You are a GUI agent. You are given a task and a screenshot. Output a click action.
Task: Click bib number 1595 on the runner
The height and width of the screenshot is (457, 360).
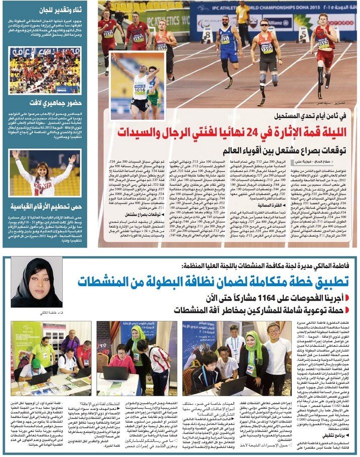(x=267, y=49)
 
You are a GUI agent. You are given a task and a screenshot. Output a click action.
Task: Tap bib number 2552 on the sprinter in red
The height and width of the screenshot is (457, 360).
(x=323, y=44)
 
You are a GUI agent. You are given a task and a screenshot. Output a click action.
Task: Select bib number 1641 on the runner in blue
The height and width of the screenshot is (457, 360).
(x=225, y=40)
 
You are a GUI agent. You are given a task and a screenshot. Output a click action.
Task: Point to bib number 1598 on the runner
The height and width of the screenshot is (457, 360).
(x=161, y=47)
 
